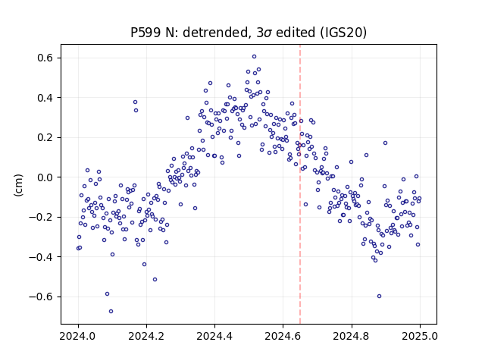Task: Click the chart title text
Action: coord(249,33)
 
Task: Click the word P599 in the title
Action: coord(145,33)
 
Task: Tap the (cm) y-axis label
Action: coord(18,185)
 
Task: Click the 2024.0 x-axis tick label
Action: coord(78,336)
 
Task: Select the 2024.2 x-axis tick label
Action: coord(146,336)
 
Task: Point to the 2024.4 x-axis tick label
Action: coord(214,336)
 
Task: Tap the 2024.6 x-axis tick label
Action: coord(283,336)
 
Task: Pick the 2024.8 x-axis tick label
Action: coord(352,336)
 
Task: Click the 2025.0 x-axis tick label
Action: coord(420,336)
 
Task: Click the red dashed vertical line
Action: coord(300,184)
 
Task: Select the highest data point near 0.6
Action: coord(255,57)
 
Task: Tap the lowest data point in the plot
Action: coord(111,312)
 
